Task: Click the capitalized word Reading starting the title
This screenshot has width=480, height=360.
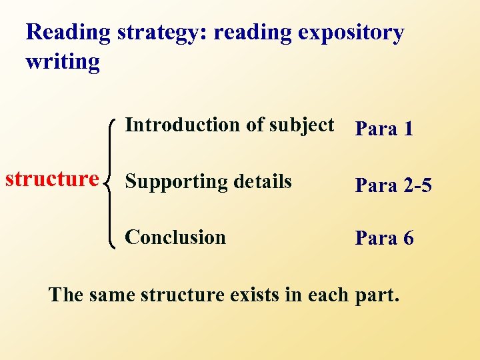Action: click(68, 33)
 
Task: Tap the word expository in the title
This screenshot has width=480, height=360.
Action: click(351, 33)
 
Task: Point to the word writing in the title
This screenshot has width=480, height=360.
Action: click(63, 62)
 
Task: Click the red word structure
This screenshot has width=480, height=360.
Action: click(52, 179)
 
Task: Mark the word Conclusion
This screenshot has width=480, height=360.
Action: click(175, 237)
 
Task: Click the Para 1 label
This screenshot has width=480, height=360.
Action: click(384, 129)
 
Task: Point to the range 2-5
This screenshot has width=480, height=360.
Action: click(416, 185)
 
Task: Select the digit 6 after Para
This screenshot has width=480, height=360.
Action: click(407, 238)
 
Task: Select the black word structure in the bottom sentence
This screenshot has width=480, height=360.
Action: click(182, 294)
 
